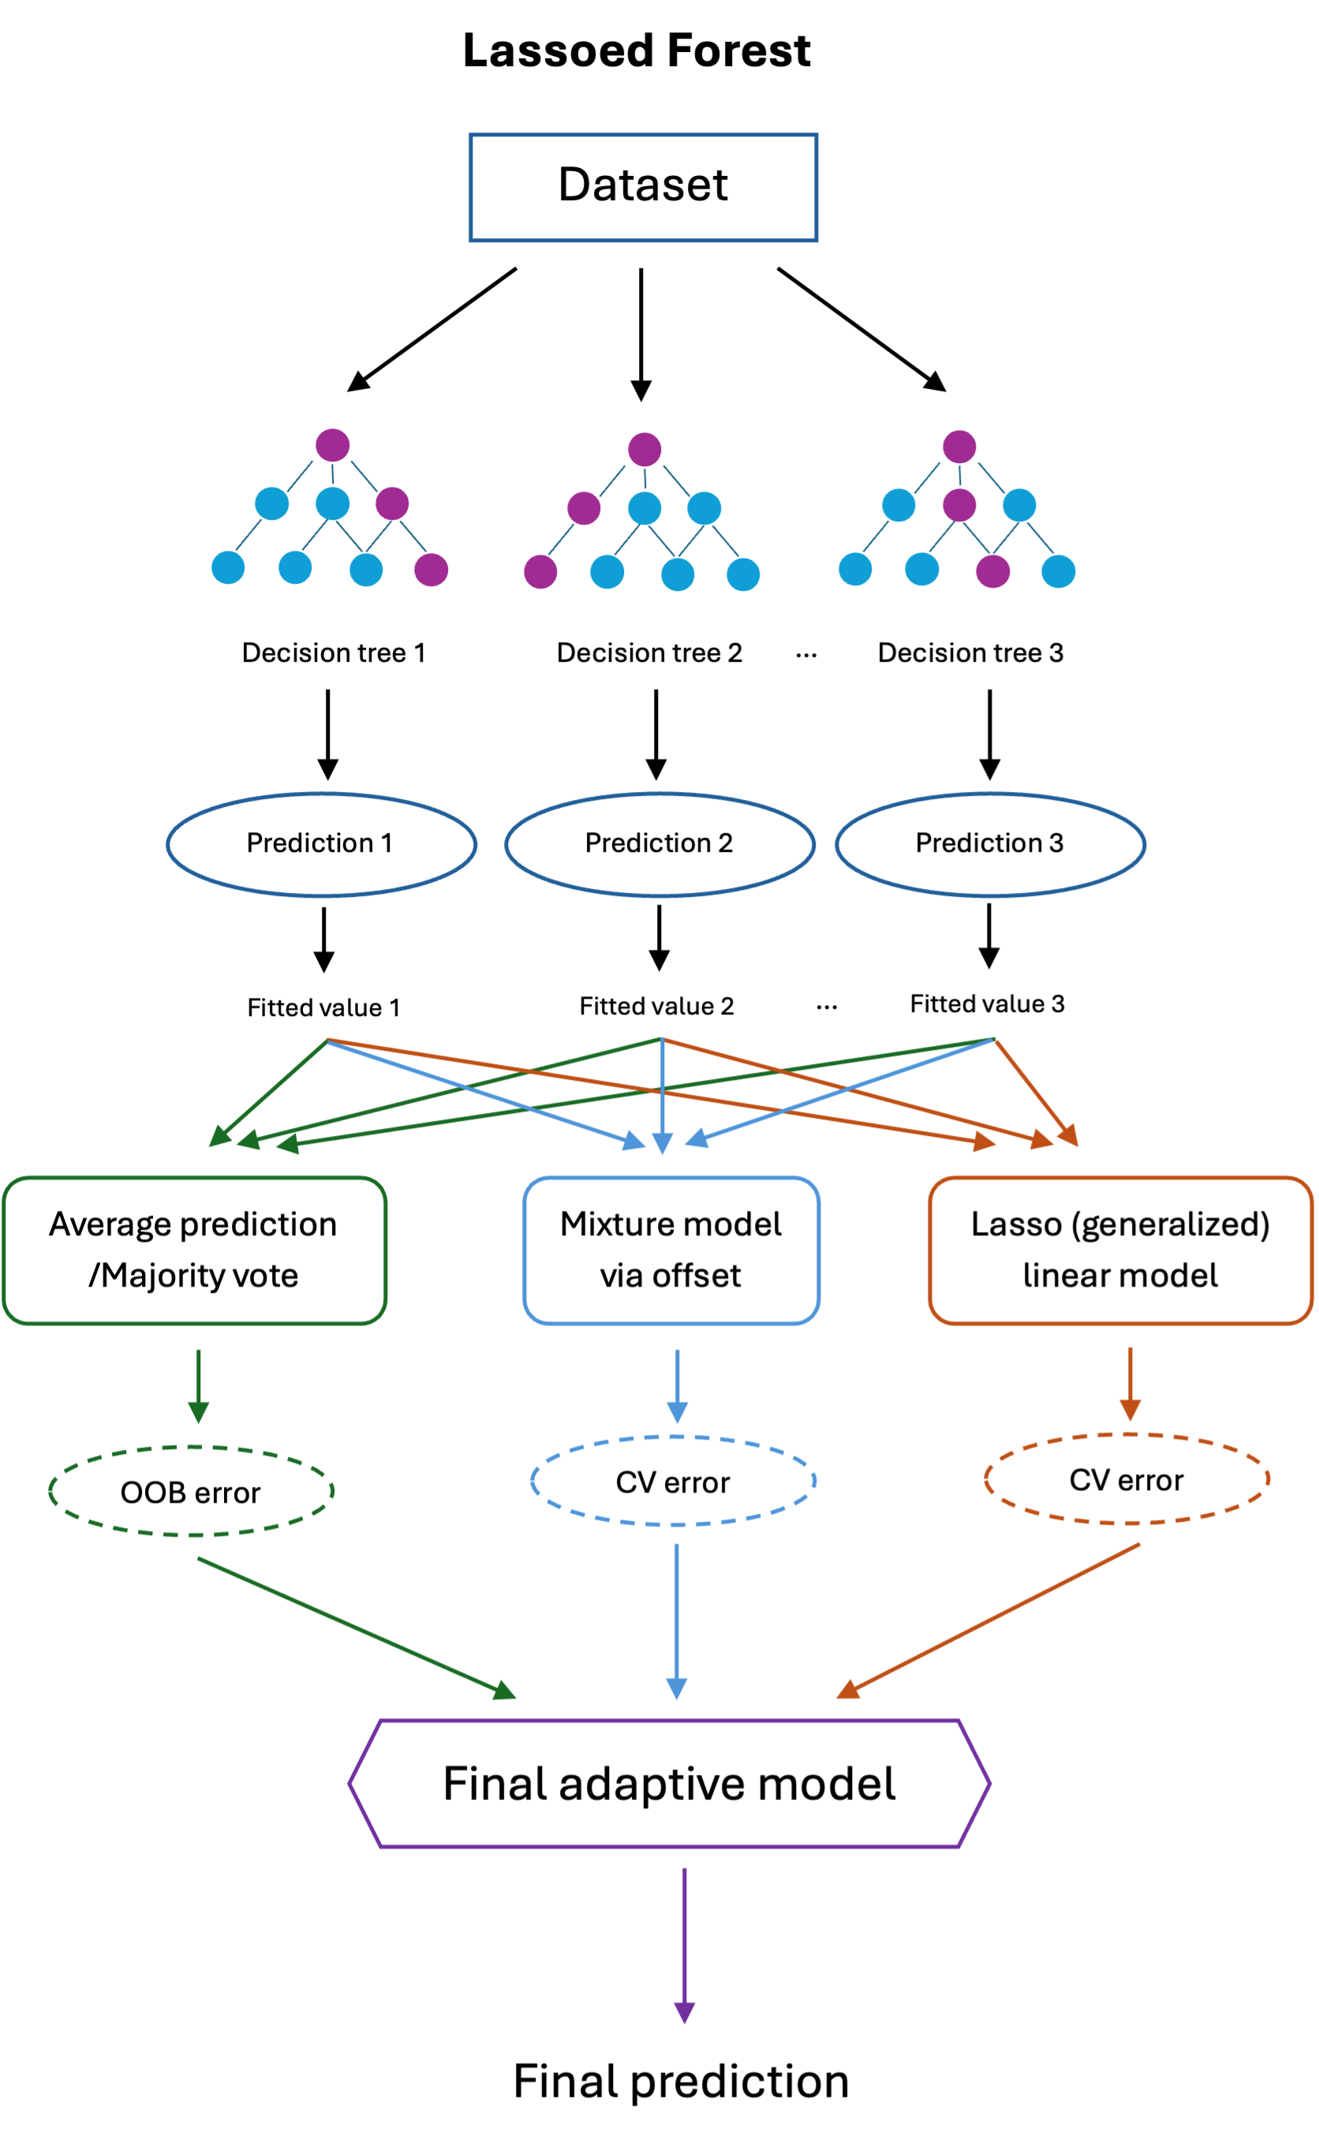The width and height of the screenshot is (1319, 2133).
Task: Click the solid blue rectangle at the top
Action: pyautogui.click(x=643, y=188)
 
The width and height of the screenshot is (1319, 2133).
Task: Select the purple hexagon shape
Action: pyautogui.click(x=669, y=1784)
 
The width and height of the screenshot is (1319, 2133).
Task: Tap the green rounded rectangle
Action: pyautogui.click(x=195, y=1250)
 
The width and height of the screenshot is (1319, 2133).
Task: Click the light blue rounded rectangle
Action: pyautogui.click(x=671, y=1250)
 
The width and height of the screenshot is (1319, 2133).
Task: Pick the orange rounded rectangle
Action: pyautogui.click(x=1120, y=1250)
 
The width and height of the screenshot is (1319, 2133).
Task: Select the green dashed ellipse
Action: pyautogui.click(x=192, y=1491)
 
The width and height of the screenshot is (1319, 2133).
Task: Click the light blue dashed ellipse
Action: pyautogui.click(x=673, y=1481)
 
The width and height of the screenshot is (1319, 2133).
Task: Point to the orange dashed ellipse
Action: pyautogui.click(x=1127, y=1479)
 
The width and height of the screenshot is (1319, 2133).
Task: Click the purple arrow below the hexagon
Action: pyautogui.click(x=685, y=1944)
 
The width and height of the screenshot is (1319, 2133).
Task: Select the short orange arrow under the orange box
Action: pyautogui.click(x=1130, y=1383)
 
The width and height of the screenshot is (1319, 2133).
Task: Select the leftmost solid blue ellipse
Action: pyautogui.click(x=322, y=844)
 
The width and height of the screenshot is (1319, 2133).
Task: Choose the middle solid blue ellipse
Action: pyautogui.click(x=659, y=844)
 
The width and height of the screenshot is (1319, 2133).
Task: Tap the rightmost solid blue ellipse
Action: pyautogui.click(x=990, y=844)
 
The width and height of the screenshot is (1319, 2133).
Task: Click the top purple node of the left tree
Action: pyautogui.click(x=332, y=445)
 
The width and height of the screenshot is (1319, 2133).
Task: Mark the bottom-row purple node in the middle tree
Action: pyautogui.click(x=540, y=572)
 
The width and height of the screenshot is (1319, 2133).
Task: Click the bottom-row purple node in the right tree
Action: pyautogui.click(x=992, y=571)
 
